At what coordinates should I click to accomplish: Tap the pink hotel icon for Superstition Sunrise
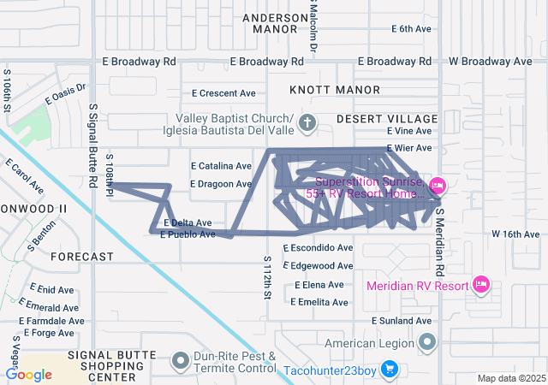[x=438, y=186]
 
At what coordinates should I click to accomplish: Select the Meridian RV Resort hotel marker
[x=480, y=285]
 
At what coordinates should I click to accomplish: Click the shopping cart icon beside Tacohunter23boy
[x=389, y=369]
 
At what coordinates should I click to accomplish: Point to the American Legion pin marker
[x=427, y=343]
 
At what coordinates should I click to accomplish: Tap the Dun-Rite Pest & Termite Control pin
[x=180, y=362]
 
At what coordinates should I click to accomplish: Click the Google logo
[x=28, y=374]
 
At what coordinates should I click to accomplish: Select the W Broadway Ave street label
[x=491, y=62]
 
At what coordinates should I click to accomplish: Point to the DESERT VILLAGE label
[x=387, y=118]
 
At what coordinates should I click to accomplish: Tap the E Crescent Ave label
[x=223, y=93]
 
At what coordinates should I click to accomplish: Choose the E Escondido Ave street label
[x=312, y=247]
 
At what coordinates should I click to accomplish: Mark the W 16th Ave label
[x=515, y=234]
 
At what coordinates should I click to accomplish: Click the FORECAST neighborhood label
[x=82, y=257]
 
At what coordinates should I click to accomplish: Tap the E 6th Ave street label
[x=411, y=29]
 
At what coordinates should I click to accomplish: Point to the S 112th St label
[x=267, y=275]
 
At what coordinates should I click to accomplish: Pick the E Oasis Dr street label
[x=65, y=93]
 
